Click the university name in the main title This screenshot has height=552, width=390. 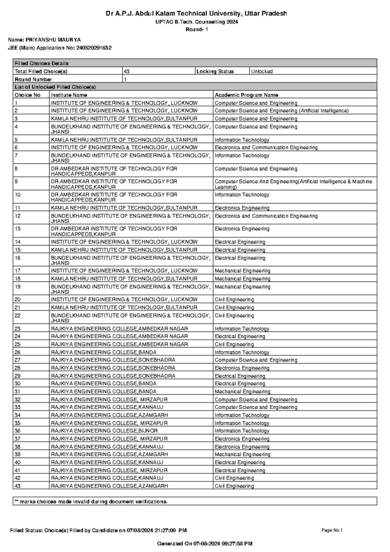pos(196,14)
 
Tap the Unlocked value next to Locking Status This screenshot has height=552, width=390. pos(262,72)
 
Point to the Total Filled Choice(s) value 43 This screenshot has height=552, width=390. pos(126,72)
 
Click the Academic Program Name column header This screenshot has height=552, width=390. pos(246,95)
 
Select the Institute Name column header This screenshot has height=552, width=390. pos(69,95)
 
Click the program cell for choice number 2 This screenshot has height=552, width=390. pos(281,111)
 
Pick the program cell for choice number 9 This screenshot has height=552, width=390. pos(293,184)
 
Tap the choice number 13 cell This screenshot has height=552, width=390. pos(18,229)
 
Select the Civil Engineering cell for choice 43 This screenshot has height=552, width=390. pos(234,486)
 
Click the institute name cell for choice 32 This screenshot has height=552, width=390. pos(109,400)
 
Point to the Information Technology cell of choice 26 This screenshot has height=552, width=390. pos(242,352)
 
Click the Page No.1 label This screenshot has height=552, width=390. pos(332,530)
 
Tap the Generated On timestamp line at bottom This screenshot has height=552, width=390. pos(205,544)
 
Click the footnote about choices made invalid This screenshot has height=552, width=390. pos(91,502)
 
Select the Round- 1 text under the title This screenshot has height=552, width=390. pos(197,30)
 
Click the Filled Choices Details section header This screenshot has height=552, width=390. pos(42,63)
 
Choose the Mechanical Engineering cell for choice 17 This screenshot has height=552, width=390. pos(242,271)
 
